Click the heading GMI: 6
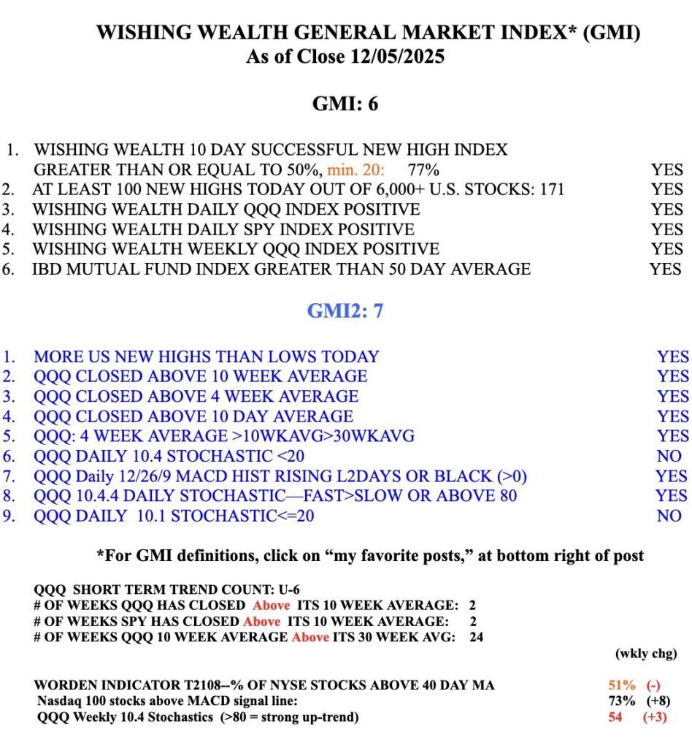(x=345, y=104)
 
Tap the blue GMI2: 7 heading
(x=345, y=310)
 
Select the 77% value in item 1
(x=424, y=170)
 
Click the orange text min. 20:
(x=358, y=170)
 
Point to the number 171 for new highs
(x=550, y=190)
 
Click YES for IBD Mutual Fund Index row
(x=665, y=269)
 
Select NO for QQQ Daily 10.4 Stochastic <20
(x=669, y=456)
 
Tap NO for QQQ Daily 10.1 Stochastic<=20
(x=669, y=516)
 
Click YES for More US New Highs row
(x=672, y=356)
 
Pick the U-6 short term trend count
(x=250, y=589)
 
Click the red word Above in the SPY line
(x=262, y=621)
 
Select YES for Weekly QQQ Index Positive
(x=667, y=249)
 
